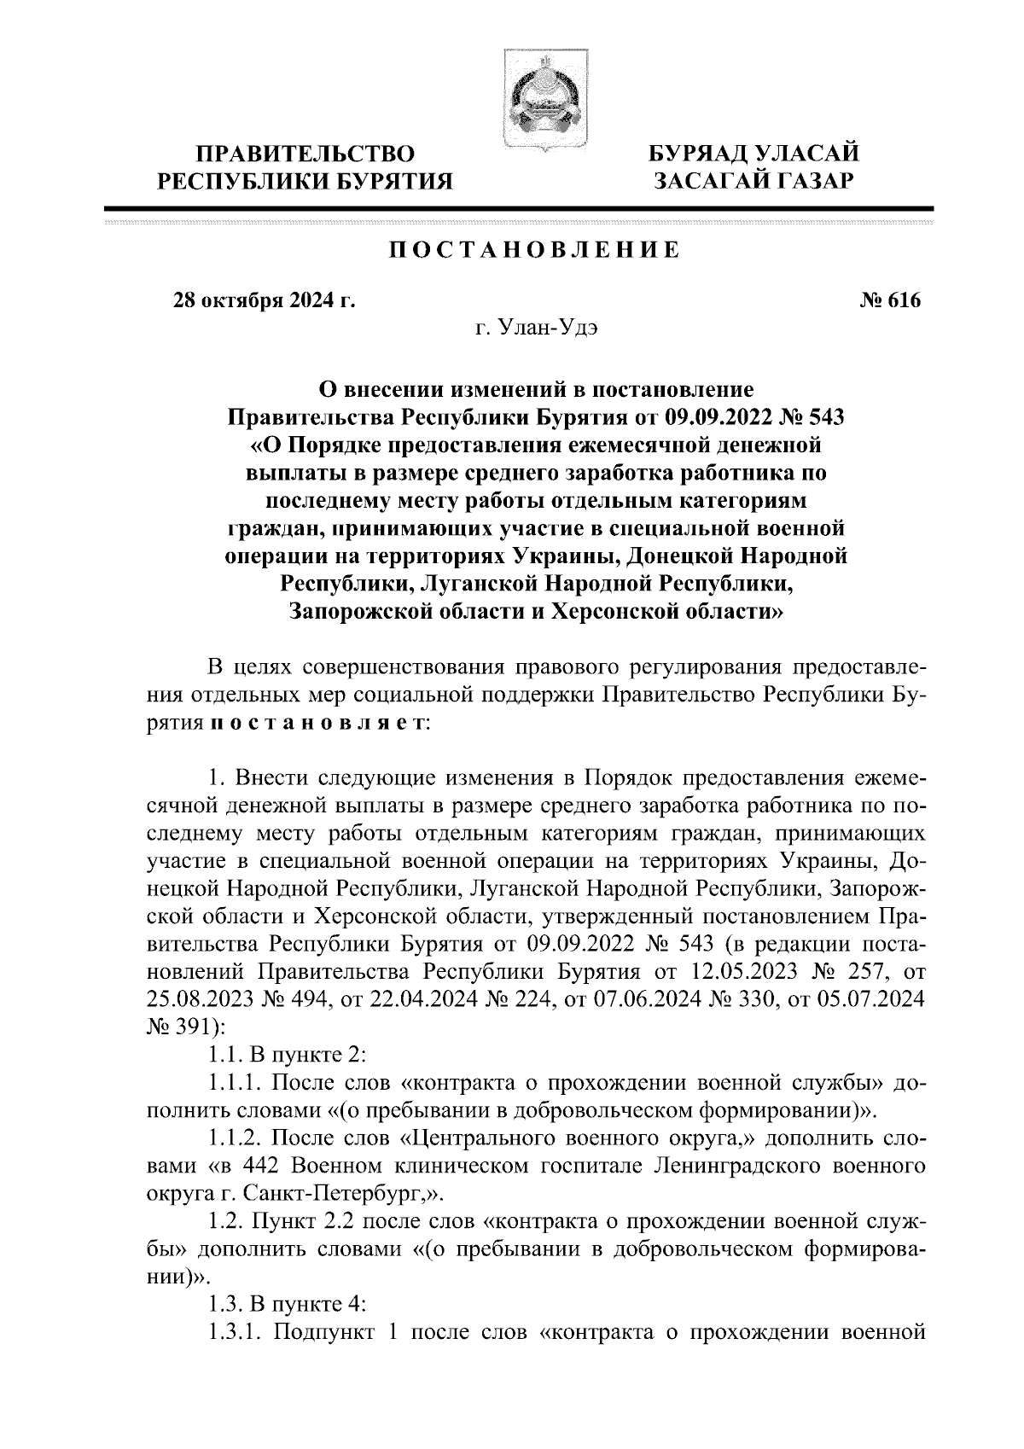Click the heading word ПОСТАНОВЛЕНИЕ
coord(535,250)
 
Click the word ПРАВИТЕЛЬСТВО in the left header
coord(306,154)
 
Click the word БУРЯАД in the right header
coord(699,154)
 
